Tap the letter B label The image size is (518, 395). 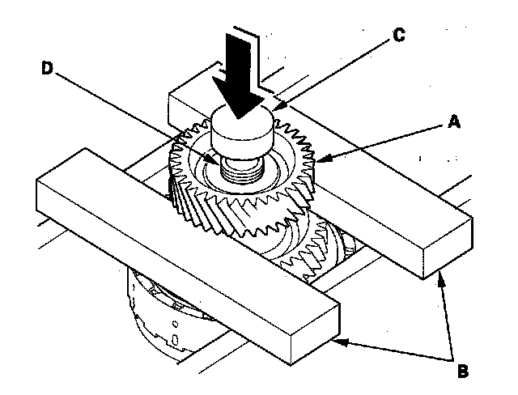pyautogui.click(x=462, y=372)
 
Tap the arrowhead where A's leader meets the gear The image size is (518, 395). pyautogui.click(x=320, y=162)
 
